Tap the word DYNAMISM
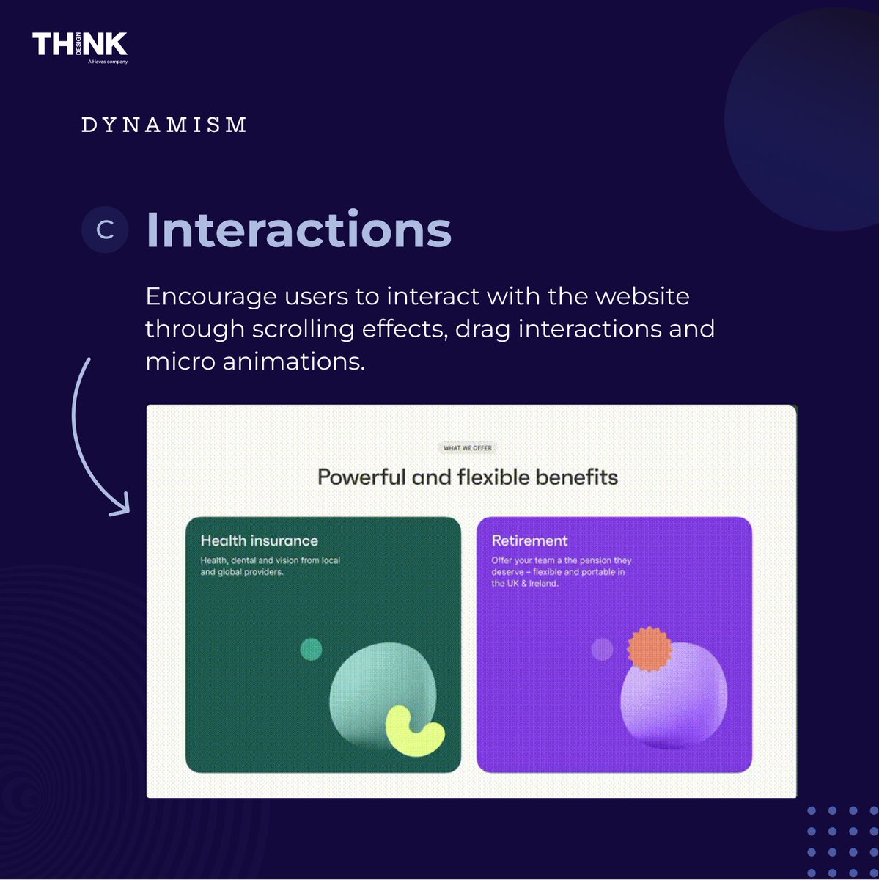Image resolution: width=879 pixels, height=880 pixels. (x=163, y=125)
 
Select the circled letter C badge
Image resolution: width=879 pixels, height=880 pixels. (x=105, y=230)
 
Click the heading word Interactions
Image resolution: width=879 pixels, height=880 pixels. (x=298, y=230)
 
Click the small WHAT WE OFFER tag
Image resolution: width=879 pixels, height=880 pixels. (x=468, y=447)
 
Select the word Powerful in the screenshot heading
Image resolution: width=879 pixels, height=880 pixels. (x=361, y=477)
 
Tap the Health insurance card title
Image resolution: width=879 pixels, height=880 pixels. (x=260, y=540)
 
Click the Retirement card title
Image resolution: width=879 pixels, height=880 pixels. (x=529, y=540)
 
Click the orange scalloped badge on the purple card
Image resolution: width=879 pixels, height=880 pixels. (x=650, y=649)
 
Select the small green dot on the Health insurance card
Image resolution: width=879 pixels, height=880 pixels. (x=312, y=649)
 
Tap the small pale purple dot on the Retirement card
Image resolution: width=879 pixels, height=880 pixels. (x=602, y=649)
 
